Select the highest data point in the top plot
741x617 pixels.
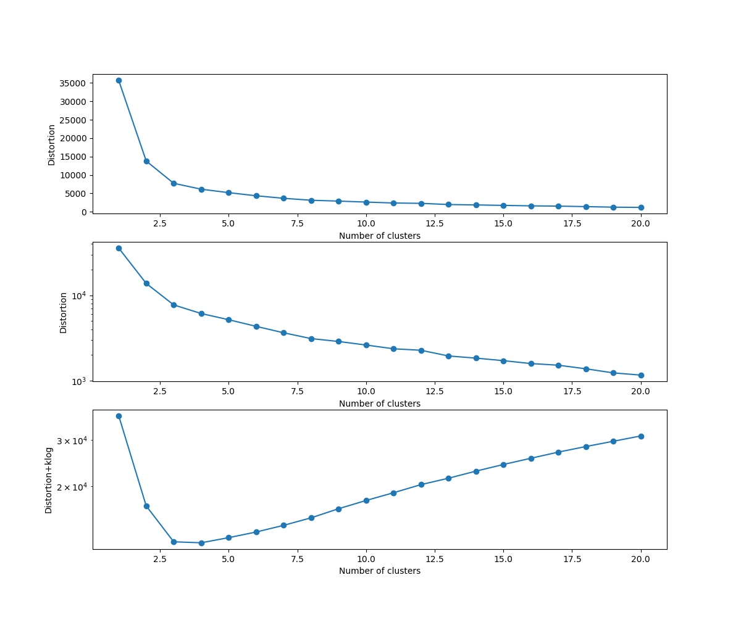[x=119, y=80]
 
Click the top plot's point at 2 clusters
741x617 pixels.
[x=146, y=161]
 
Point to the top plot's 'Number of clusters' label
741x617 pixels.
[x=379, y=236]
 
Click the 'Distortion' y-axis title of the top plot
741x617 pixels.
[x=52, y=144]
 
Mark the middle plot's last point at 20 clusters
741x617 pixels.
[x=641, y=375]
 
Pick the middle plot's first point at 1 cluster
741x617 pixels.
[x=119, y=248]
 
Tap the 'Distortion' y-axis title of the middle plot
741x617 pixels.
[x=63, y=312]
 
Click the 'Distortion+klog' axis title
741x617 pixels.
[x=49, y=480]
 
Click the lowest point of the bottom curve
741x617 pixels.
[x=201, y=543]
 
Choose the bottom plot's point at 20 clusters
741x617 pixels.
[x=641, y=436]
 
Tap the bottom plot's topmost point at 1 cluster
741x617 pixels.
[x=119, y=416]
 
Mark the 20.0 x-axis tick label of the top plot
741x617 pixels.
[x=640, y=223]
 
